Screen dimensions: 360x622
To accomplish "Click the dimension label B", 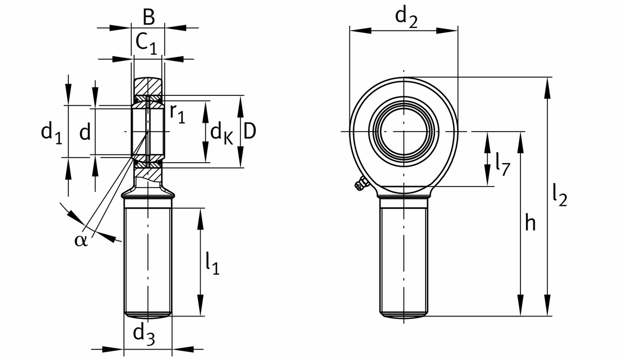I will (148, 17).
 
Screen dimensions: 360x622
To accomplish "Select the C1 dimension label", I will (146, 43).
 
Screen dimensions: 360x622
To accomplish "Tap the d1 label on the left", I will (51, 133).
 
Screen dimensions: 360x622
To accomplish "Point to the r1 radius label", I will (177, 114).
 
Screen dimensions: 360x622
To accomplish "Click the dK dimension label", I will (221, 134).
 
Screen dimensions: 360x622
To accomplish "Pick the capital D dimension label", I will (249, 133).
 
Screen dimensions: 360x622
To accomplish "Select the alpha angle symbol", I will (81, 240).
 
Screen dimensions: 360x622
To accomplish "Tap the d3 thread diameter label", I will (144, 334).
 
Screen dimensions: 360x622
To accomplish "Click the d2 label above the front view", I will (406, 17).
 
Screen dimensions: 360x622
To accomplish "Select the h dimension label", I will (530, 223).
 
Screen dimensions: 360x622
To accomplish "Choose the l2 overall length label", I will (559, 197).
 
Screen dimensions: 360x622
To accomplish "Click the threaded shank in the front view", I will (403, 256).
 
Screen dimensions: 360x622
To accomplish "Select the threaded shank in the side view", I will (148, 259).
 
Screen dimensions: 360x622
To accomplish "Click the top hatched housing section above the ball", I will (149, 85).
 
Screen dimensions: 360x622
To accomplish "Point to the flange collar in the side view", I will (148, 195).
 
